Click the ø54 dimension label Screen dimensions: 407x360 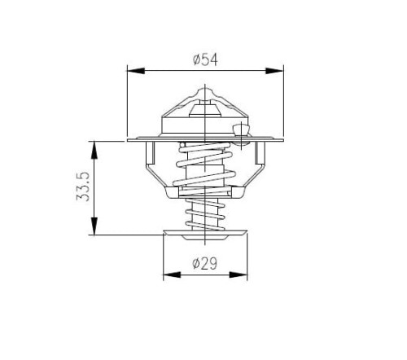205,60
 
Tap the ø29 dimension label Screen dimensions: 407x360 205,263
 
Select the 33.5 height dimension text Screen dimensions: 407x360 83,187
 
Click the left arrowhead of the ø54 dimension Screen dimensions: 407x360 136,71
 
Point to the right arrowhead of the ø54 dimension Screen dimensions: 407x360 274,71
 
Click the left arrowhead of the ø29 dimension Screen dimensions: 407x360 172,274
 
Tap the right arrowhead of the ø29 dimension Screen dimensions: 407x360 239,274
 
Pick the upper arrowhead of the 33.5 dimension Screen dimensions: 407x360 94,150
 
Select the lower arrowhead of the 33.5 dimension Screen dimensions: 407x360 94,226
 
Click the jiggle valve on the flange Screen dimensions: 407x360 241,130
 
